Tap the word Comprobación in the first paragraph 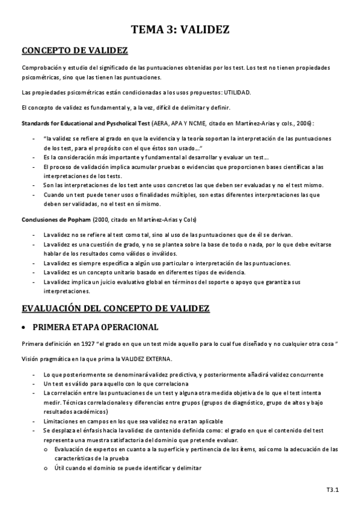[40, 68]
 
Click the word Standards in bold [36, 123]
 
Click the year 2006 [300, 123]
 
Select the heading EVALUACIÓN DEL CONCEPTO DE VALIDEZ [115, 309]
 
